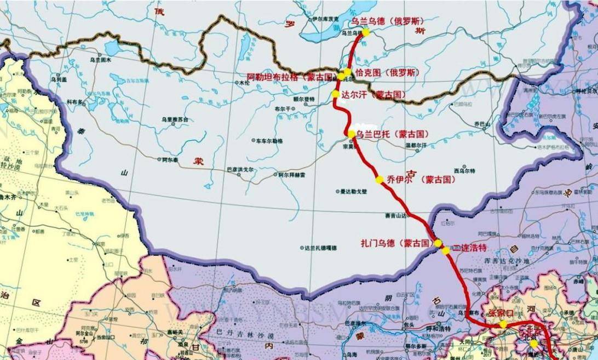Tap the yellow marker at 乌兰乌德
tap(365, 32)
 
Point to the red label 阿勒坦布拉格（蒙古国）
tap(291, 77)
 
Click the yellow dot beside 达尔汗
tap(335, 94)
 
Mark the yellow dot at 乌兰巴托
tap(351, 134)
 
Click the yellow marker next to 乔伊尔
tap(379, 179)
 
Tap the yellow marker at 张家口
tap(503, 324)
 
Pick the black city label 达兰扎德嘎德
tap(321, 248)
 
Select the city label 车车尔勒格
tap(270, 141)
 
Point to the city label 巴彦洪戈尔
tap(240, 170)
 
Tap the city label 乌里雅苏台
tap(175, 118)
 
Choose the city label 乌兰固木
tap(100, 60)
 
